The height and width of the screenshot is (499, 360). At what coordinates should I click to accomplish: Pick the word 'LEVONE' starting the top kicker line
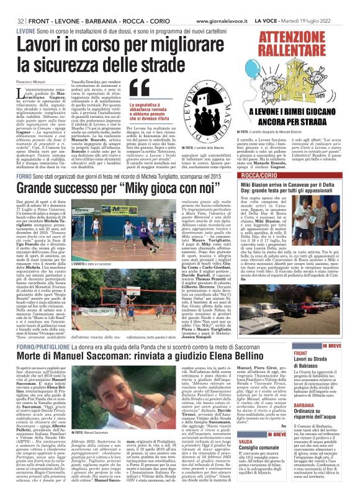[x=25, y=30]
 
